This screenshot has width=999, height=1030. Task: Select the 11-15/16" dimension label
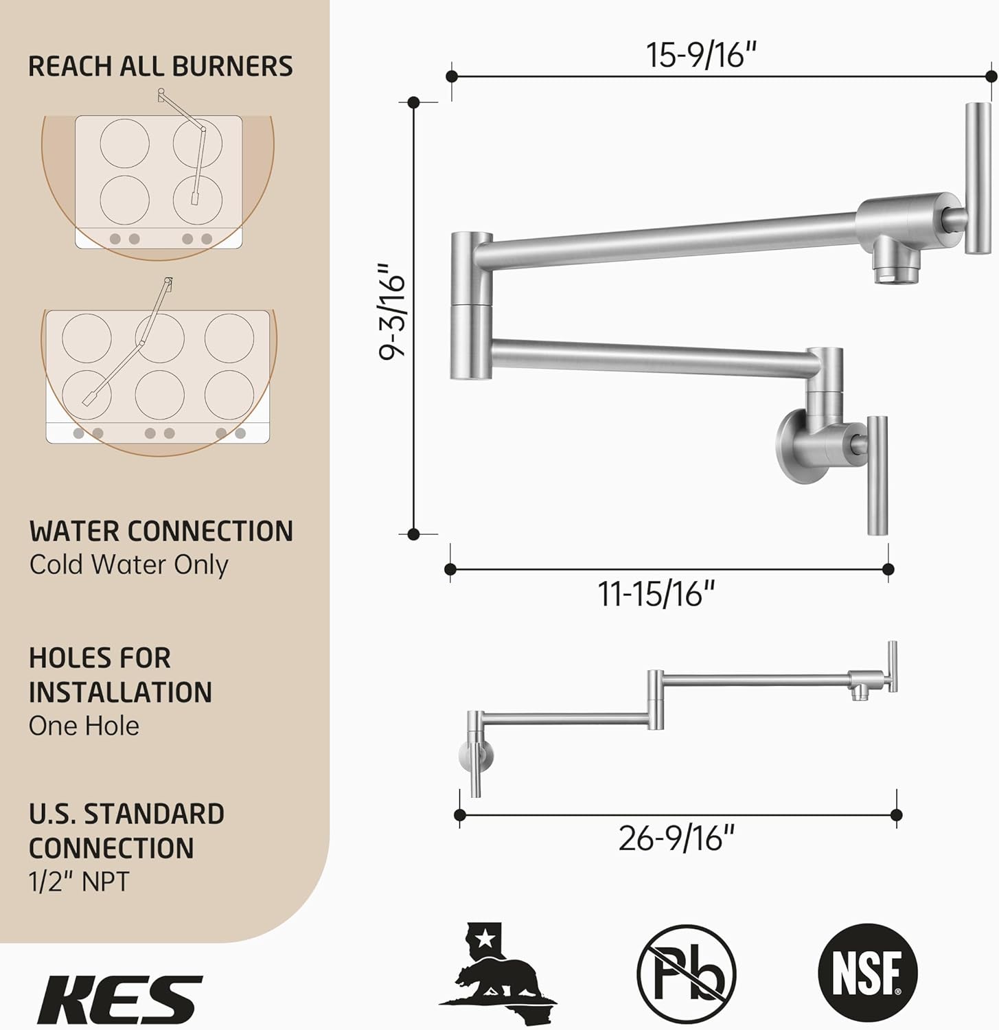click(x=657, y=593)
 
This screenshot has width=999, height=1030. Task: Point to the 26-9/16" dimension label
click(x=676, y=838)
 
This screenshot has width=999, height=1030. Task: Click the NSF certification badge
click(x=868, y=973)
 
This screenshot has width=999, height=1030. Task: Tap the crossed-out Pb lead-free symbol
click(x=687, y=973)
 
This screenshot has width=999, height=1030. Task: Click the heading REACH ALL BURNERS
click(x=161, y=66)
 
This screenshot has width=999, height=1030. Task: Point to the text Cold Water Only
click(x=128, y=564)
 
